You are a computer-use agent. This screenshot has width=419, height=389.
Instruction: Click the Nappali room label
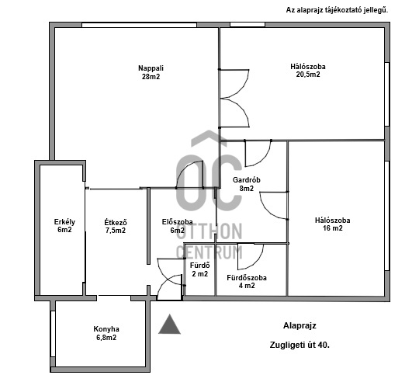click(x=152, y=68)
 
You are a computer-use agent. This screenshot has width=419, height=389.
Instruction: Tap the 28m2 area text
click(x=152, y=76)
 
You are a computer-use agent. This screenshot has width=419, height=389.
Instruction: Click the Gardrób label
click(x=247, y=180)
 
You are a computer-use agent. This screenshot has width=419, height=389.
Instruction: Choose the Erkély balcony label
click(x=64, y=221)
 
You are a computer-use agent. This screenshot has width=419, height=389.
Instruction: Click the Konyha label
click(x=106, y=328)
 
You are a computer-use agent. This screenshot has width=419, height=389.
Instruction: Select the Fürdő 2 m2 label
click(x=199, y=269)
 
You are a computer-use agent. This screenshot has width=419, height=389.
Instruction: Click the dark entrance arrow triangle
click(x=169, y=324)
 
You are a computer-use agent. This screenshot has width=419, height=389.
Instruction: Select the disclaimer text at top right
click(x=337, y=10)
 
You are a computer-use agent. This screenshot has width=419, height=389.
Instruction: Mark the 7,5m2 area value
click(x=116, y=231)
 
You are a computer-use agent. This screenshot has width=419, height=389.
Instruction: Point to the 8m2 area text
click(x=247, y=189)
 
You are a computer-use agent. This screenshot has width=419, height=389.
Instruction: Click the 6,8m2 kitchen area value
click(x=106, y=337)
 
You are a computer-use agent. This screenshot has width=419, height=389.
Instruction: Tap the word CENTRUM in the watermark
click(x=209, y=252)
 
